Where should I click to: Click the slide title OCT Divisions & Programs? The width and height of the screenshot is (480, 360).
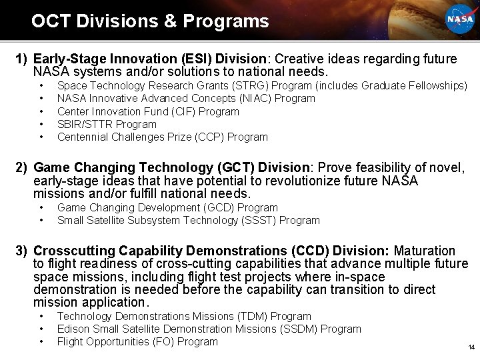(x=150, y=21)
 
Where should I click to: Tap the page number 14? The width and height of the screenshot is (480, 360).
(x=470, y=347)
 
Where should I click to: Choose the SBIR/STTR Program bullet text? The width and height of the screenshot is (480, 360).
(x=107, y=124)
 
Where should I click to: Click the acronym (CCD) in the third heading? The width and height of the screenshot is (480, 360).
(x=310, y=251)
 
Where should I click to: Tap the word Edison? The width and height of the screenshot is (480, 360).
(x=73, y=329)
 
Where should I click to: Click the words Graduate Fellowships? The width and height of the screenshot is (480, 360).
(x=418, y=86)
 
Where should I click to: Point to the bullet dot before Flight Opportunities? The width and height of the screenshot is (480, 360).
(x=42, y=341)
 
